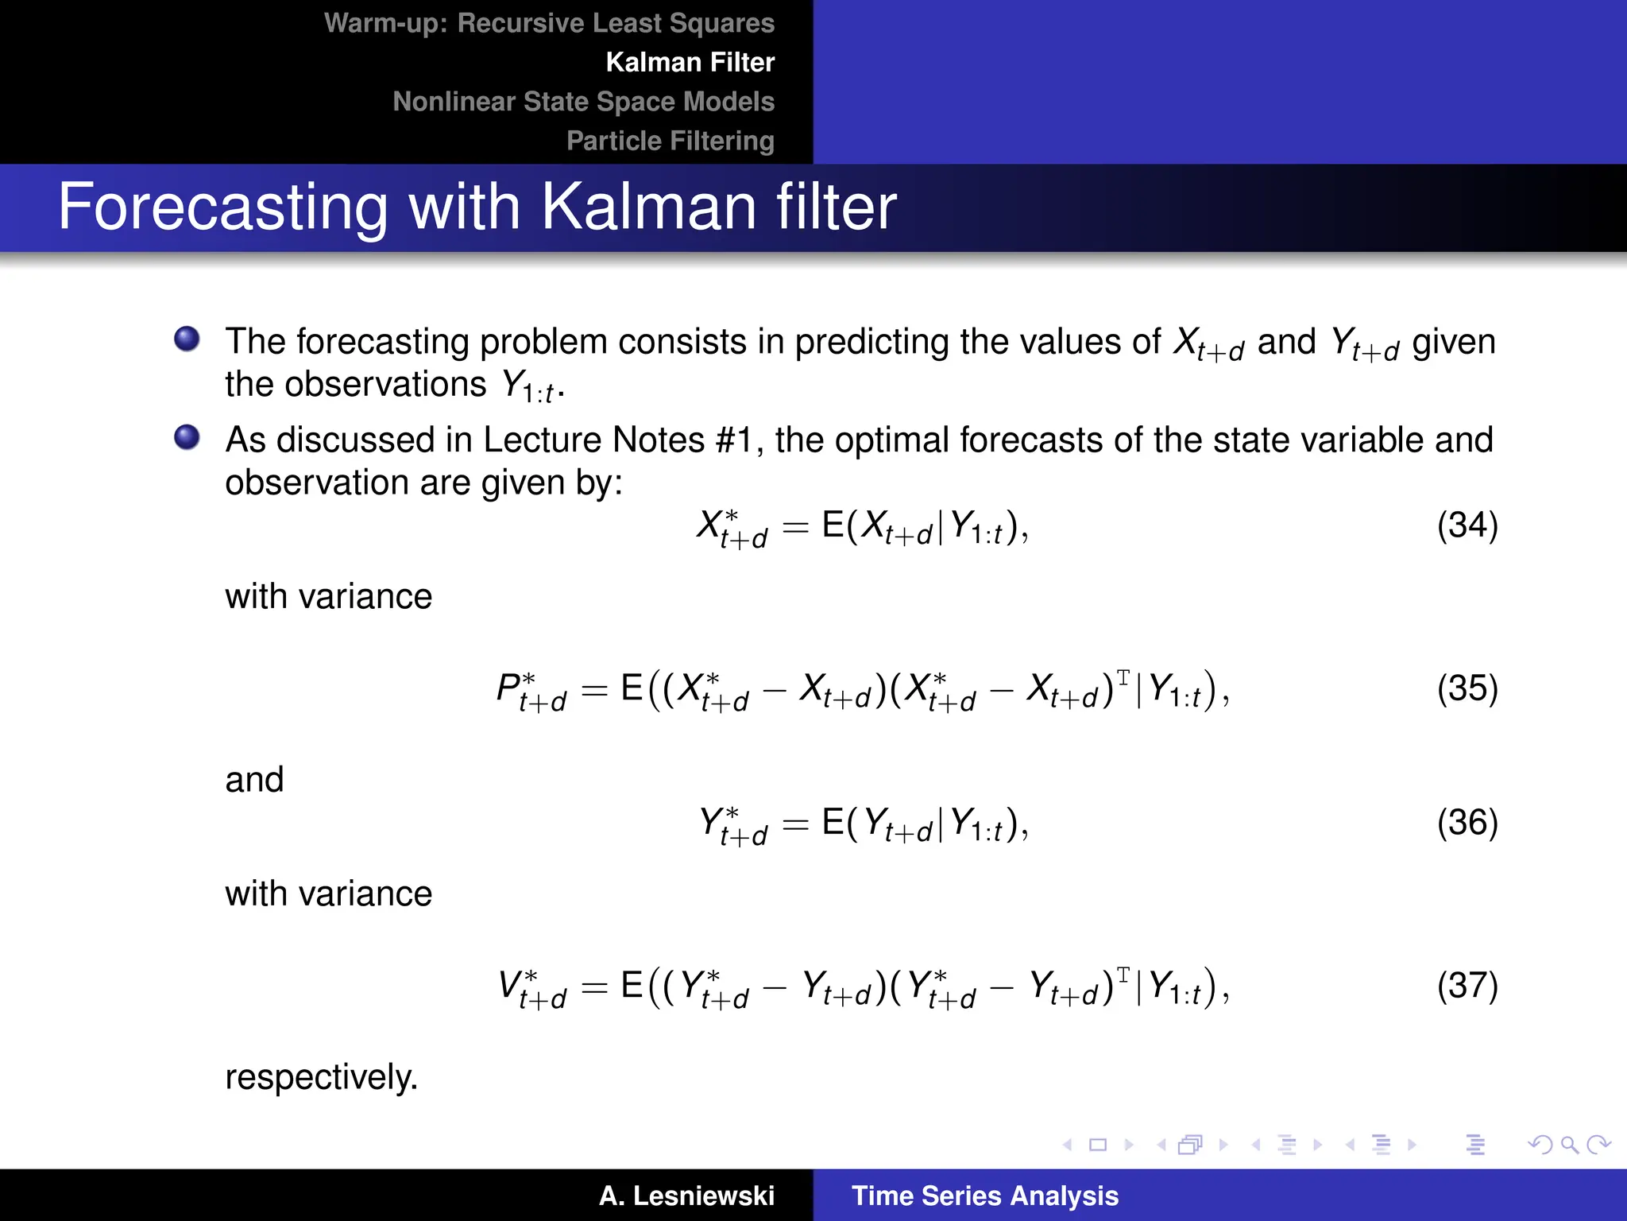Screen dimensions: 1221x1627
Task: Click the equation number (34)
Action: (x=1467, y=525)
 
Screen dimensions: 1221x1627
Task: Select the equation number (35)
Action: (x=1467, y=688)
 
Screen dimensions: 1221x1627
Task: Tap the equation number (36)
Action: (x=1467, y=823)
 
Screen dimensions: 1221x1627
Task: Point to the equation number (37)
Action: (x=1467, y=986)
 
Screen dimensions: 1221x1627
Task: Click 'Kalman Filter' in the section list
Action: (x=690, y=62)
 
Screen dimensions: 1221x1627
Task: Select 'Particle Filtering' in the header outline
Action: (x=670, y=141)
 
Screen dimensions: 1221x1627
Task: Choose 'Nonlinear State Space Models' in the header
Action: (x=583, y=102)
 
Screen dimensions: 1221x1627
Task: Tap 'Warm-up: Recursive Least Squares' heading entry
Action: (x=549, y=23)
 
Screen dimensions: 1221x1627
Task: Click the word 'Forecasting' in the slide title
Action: (x=222, y=207)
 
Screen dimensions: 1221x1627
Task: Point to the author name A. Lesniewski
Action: (x=686, y=1196)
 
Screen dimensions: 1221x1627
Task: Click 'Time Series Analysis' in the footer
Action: (x=984, y=1196)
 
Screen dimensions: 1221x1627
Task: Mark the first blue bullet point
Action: (x=187, y=339)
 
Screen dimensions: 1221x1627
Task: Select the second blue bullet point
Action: (x=187, y=437)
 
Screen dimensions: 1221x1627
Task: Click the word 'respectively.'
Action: (x=321, y=1078)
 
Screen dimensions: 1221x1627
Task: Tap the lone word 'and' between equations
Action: (x=254, y=780)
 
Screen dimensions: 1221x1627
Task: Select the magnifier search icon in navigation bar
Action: (x=1568, y=1145)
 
